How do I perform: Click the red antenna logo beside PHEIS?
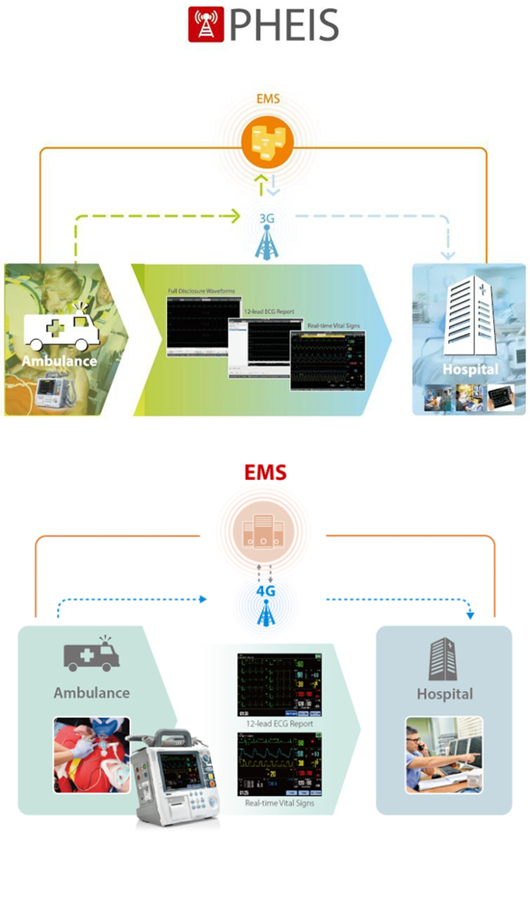[x=206, y=24]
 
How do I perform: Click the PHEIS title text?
[x=284, y=25]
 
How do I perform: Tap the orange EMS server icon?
[x=267, y=142]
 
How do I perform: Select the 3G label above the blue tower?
[x=267, y=218]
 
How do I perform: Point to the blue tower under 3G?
[x=267, y=244]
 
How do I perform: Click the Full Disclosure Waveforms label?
[x=201, y=291]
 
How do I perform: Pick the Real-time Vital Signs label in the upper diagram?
[x=333, y=326]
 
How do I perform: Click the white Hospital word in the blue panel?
[x=470, y=369]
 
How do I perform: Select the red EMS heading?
[x=266, y=472]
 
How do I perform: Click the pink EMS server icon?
[x=263, y=531]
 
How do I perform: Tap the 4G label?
[x=266, y=591]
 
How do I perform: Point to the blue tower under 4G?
[x=266, y=614]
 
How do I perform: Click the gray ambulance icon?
[x=92, y=655]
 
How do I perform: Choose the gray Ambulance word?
[x=92, y=693]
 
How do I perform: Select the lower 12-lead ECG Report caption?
[x=279, y=724]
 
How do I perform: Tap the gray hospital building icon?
[x=443, y=659]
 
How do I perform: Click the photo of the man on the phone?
[x=444, y=755]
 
